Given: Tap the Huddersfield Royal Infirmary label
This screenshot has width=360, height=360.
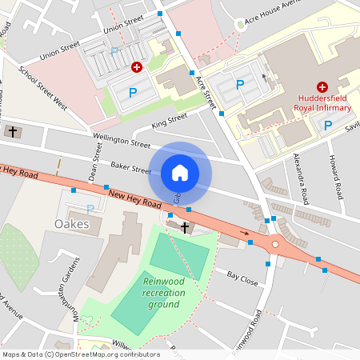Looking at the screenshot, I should (x=322, y=102).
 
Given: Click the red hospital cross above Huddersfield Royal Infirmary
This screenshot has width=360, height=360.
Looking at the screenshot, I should (x=322, y=86).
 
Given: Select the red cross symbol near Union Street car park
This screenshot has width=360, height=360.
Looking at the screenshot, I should (x=137, y=69).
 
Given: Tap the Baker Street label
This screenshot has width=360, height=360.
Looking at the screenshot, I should (x=130, y=168).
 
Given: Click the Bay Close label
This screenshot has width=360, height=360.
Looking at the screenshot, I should (x=242, y=278).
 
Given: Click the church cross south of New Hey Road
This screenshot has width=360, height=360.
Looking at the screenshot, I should (x=185, y=228).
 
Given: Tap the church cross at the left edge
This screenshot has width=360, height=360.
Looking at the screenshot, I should (x=12, y=131).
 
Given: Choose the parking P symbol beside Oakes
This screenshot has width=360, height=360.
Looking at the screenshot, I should (x=90, y=209).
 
